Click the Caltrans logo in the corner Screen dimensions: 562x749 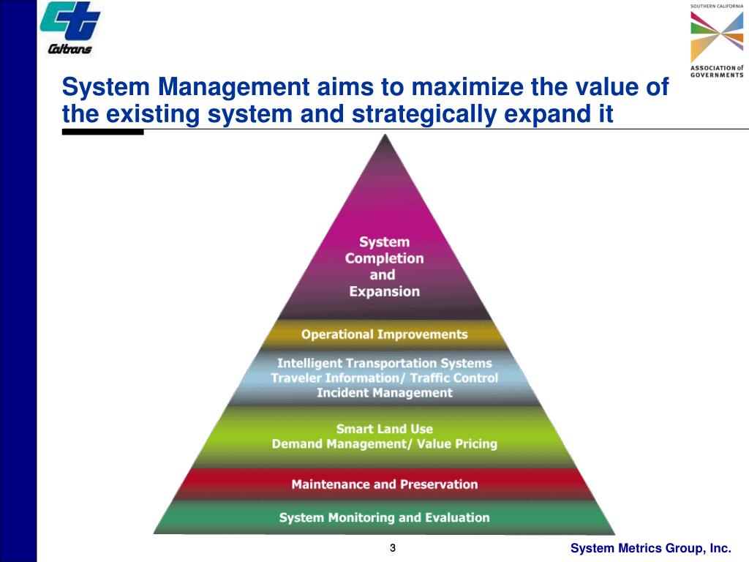pos(70,28)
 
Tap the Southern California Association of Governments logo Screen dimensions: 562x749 pos(716,41)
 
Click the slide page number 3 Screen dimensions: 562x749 pos(393,549)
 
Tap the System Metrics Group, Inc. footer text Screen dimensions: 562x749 pos(650,549)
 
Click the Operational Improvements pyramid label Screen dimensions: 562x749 pos(384,334)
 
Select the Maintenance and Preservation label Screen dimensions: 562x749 pos(384,484)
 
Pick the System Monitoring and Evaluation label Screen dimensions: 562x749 pos(384,517)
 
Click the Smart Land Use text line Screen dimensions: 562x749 pos(384,429)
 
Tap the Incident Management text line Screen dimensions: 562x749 pos(384,393)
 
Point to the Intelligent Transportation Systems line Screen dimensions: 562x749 pos(384,363)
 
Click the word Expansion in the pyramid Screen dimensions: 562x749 pos(384,291)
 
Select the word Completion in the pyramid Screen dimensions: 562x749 pos(384,258)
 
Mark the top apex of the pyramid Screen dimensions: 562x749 pos(383,136)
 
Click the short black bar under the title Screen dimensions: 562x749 pos(102,132)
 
